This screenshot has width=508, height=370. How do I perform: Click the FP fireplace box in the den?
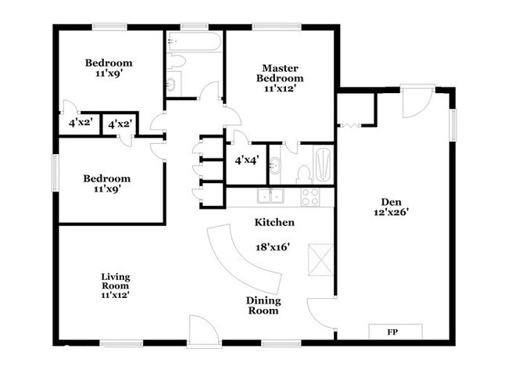tap(395, 332)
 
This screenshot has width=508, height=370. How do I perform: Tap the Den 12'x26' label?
tap(392, 207)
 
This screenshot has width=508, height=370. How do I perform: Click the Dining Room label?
tap(263, 306)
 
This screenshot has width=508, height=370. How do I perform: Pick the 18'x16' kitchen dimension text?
tap(273, 247)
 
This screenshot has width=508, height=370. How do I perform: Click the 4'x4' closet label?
tap(247, 160)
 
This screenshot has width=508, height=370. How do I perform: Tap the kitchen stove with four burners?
tap(310, 197)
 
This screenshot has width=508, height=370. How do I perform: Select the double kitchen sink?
tap(270, 196)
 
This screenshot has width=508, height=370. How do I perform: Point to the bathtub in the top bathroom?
tap(194, 41)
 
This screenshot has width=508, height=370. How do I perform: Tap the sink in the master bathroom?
tap(275, 166)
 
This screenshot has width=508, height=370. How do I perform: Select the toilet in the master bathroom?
tap(304, 174)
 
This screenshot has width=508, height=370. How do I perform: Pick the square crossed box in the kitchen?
tap(320, 260)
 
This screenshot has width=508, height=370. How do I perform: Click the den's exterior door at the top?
tap(417, 102)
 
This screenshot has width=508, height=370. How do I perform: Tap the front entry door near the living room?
tap(205, 332)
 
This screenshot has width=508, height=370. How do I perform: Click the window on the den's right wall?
tap(453, 125)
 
